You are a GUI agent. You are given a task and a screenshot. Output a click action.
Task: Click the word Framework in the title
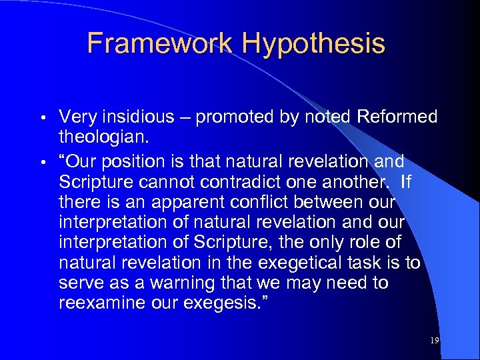[x=161, y=43]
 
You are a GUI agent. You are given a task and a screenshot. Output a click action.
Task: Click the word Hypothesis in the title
[x=313, y=43]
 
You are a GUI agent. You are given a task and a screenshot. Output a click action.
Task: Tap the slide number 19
[x=435, y=341]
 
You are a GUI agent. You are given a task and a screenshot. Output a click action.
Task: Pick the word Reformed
[x=397, y=117]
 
